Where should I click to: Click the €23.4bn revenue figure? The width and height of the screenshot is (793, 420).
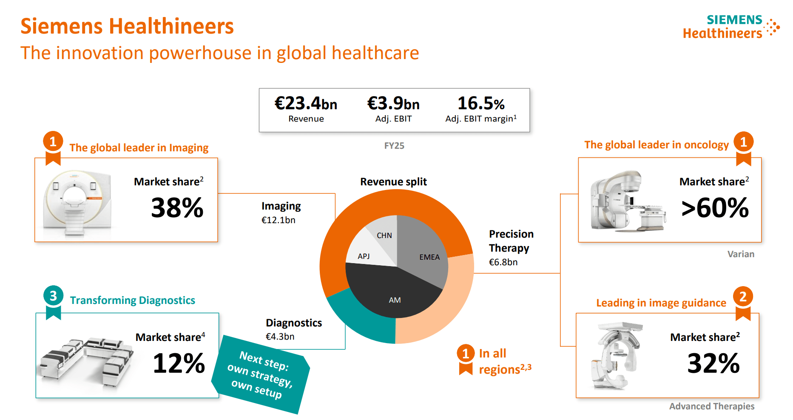(306, 103)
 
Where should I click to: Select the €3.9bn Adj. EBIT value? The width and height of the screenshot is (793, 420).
(393, 103)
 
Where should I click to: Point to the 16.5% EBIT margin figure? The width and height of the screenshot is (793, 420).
(481, 103)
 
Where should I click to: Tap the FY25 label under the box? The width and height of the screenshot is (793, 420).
(394, 146)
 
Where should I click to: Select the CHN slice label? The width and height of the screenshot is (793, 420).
(384, 236)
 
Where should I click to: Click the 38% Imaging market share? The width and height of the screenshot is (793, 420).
(177, 208)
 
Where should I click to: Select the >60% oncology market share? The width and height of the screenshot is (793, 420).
(715, 208)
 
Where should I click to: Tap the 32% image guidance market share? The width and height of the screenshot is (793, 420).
(713, 363)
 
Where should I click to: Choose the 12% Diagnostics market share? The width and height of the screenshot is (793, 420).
(179, 363)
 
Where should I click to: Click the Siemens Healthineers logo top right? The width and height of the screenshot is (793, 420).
(731, 27)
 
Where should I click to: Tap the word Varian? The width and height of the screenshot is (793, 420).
(741, 254)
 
